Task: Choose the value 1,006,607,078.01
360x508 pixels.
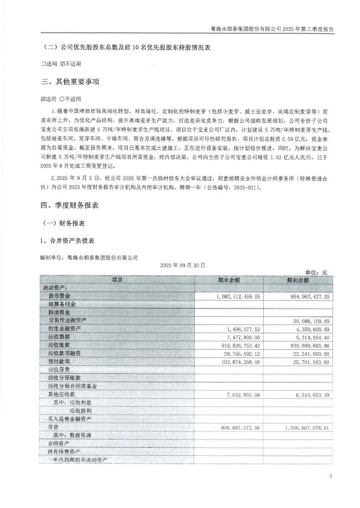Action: click(301, 428)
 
